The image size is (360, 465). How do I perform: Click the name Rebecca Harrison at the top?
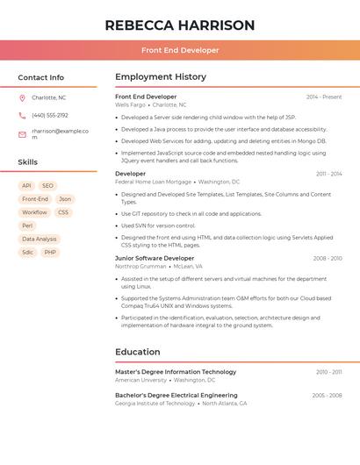coord(180,25)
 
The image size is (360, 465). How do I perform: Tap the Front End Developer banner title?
coord(180,50)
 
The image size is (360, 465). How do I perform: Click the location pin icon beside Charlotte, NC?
coord(22,98)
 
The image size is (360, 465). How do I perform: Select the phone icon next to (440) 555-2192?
coord(22,116)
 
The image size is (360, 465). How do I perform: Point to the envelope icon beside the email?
coord(22,134)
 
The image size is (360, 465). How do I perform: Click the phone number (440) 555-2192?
coord(50,116)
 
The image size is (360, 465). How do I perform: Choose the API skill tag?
coord(26,186)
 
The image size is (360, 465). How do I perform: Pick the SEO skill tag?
coord(47,186)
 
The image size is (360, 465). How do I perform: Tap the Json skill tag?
coord(65,199)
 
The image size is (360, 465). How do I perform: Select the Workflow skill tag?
coord(34,212)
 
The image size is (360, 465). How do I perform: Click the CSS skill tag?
coord(63,212)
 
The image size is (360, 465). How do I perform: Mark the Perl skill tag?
coord(27,225)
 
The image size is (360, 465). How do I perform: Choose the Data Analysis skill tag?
coord(39,239)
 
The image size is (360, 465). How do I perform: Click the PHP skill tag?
coord(50,252)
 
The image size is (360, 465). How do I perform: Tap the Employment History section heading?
coord(161,77)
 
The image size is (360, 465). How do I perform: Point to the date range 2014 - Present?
coord(324,97)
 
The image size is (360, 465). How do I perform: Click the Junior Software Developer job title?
coord(155,258)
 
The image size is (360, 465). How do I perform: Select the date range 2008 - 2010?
coord(327,258)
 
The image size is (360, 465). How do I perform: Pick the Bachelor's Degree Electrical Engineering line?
coord(176,396)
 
